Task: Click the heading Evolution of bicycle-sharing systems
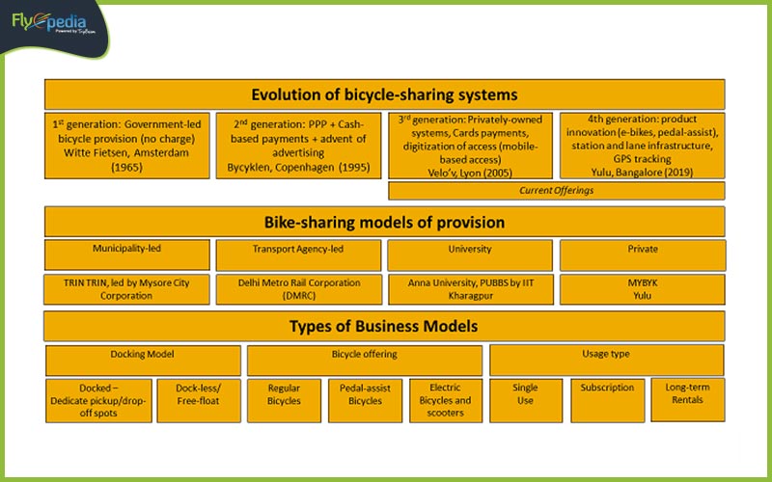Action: [384, 94]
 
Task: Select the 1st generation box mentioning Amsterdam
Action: [127, 145]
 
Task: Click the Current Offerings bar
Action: [556, 191]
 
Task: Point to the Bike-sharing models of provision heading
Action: [384, 223]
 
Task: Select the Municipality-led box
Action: [127, 254]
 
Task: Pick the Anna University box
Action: [470, 289]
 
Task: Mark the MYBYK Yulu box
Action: [642, 289]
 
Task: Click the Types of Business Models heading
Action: [384, 326]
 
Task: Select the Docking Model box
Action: [143, 360]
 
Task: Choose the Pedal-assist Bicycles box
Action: [365, 399]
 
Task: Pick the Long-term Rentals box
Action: [687, 398]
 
